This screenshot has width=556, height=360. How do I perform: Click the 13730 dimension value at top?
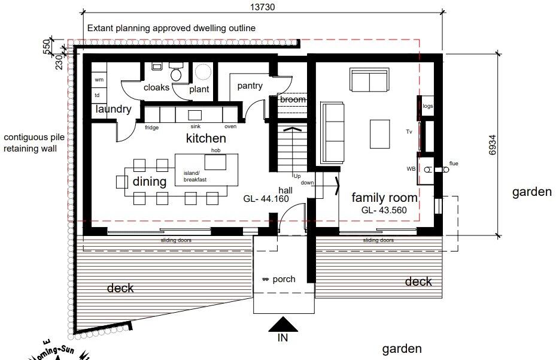point(262,7)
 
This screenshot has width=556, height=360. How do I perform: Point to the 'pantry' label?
point(250,86)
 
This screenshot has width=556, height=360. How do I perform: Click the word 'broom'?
point(293,99)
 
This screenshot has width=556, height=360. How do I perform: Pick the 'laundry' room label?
point(113,109)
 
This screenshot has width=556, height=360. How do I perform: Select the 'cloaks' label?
point(156,87)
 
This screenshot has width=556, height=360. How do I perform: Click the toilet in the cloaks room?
point(176,73)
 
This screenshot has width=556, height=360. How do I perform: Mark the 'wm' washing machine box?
point(99,79)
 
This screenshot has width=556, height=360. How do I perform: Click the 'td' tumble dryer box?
point(98,95)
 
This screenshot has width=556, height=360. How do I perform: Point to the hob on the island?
point(215,162)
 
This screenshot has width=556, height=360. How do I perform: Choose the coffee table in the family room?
point(381,134)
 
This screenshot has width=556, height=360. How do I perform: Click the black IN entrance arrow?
point(283,325)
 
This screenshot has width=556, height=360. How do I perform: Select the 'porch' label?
point(284,279)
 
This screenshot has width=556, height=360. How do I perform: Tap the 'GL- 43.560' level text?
point(384,211)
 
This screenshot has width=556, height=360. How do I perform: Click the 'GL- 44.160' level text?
point(266,199)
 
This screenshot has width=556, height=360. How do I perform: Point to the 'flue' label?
point(453,163)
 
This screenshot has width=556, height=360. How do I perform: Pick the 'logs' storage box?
point(427,106)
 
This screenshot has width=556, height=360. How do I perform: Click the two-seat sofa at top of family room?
point(369,80)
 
